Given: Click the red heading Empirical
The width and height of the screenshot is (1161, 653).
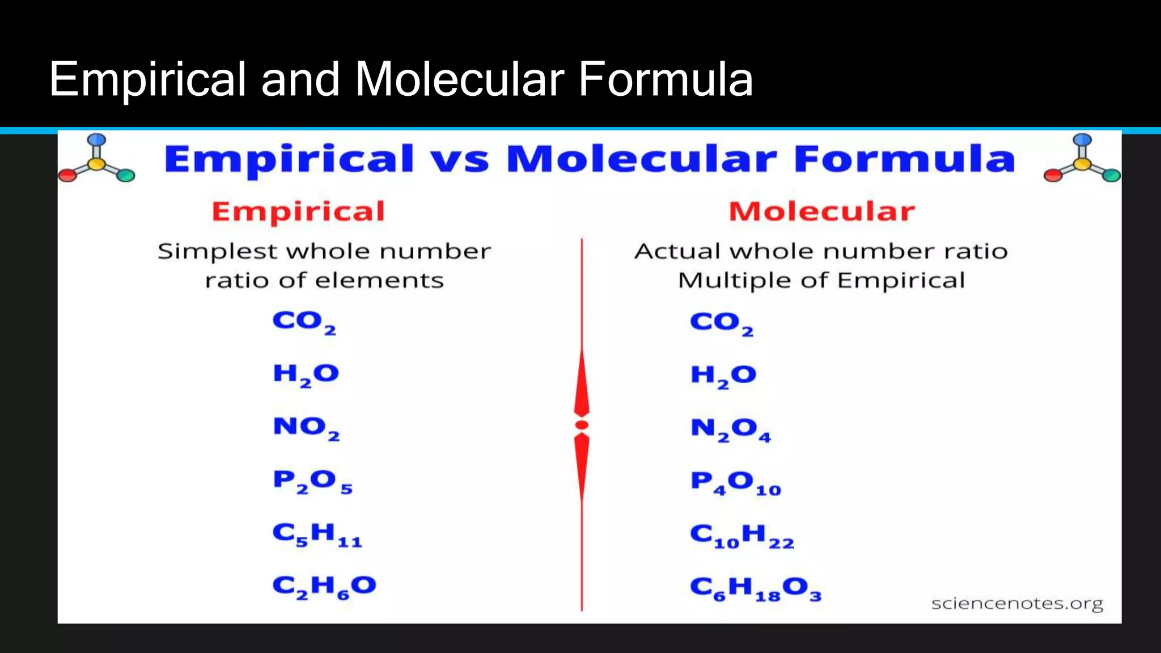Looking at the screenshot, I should (298, 211).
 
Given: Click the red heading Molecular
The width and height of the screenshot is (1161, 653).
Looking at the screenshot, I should (821, 211).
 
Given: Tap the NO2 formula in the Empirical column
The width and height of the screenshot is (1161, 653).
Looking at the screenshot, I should (306, 427).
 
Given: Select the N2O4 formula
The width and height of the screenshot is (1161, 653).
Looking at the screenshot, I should (730, 429).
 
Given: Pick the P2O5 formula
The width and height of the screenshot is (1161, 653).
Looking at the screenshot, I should (312, 481).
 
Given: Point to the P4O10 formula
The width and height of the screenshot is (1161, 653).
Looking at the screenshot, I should (735, 483).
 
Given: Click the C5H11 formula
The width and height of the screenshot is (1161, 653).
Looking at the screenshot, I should (317, 535).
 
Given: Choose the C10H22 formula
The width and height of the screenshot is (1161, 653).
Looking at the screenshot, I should (741, 536).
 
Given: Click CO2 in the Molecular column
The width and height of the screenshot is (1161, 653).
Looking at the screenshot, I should (721, 323).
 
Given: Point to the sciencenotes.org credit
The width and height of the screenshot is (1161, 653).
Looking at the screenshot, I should (1017, 603).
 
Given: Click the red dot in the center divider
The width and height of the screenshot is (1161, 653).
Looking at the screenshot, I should (582, 425).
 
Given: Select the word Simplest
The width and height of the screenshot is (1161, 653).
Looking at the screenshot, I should (217, 252).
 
